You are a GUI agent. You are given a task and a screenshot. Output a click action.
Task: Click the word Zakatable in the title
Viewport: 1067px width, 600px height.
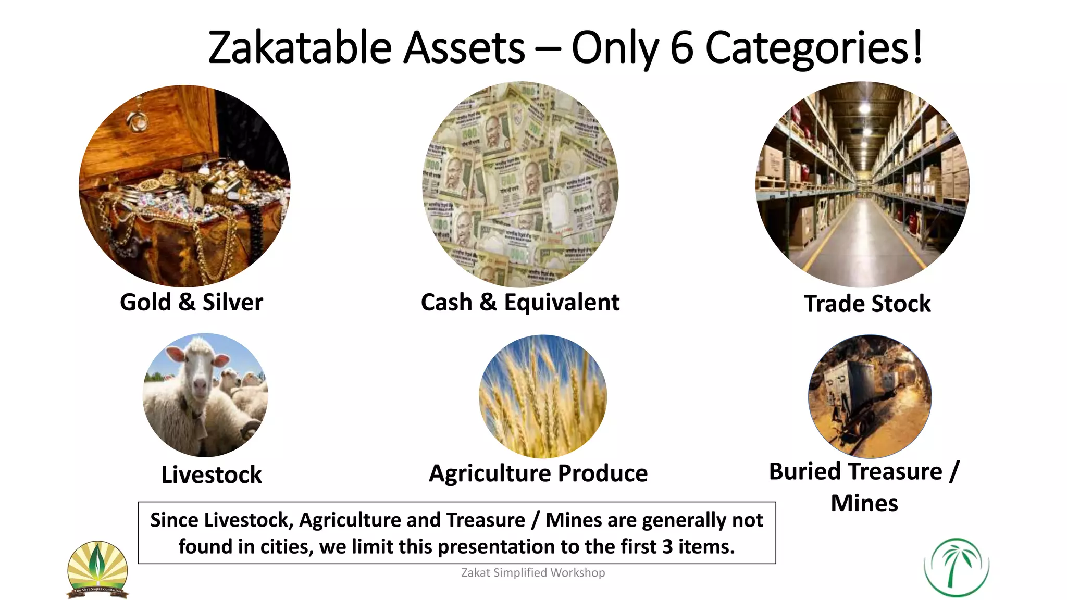pos(300,48)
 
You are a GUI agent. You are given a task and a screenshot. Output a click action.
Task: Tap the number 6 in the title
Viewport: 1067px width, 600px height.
pos(681,48)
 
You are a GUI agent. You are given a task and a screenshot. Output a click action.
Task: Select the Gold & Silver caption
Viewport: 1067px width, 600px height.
pos(191,302)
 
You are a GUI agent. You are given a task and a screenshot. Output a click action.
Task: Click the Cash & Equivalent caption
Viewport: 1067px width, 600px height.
pos(520,302)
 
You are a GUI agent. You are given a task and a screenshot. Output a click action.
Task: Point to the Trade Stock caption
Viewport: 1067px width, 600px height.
pos(867,304)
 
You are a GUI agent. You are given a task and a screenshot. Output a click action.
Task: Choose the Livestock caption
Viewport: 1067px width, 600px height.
pos(212,474)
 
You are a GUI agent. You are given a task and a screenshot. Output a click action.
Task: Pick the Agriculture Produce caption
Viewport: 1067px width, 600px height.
pos(538,473)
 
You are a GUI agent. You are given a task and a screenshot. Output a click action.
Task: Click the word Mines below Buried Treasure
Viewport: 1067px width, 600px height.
pos(864,503)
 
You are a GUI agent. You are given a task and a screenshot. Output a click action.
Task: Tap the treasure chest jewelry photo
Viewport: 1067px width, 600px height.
pos(184,186)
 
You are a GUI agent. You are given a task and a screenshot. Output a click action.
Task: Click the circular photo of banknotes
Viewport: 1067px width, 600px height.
pos(520,185)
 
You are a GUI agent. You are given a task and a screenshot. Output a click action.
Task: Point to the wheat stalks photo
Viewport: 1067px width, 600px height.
pos(543,396)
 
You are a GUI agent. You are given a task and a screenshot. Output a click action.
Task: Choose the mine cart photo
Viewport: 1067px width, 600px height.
pos(870,396)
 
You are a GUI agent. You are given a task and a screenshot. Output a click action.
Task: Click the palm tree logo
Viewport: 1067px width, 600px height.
pos(956,567)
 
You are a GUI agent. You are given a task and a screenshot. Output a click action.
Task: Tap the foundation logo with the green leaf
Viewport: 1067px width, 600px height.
pos(97,569)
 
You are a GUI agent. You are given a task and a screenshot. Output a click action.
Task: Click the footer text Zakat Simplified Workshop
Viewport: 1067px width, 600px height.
pos(533,572)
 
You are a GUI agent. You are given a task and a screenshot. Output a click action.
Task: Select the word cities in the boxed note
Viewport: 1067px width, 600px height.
pos(287,546)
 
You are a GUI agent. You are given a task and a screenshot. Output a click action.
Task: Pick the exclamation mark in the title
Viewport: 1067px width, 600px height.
pos(917,47)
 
